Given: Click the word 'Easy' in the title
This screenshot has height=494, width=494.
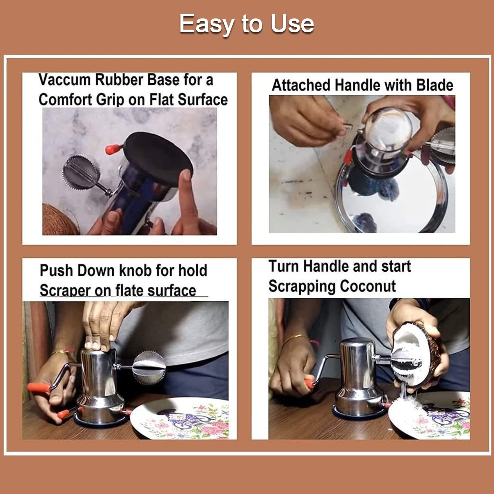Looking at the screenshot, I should (207, 24).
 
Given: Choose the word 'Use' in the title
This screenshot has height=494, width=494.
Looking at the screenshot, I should (292, 24).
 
